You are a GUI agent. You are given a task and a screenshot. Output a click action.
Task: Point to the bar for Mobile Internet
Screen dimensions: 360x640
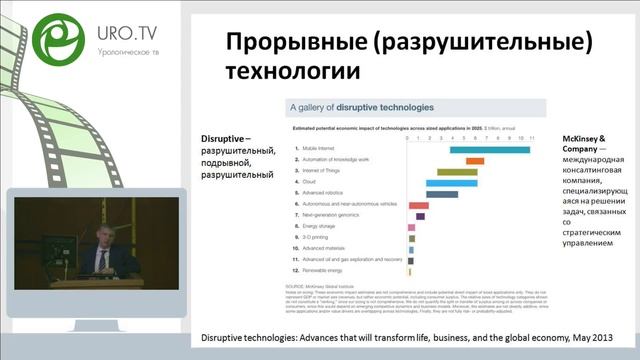point(490,149)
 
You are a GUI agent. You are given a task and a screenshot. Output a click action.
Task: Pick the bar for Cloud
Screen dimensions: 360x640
point(451,183)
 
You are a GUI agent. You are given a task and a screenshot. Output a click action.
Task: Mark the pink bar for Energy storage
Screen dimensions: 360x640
point(412,227)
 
